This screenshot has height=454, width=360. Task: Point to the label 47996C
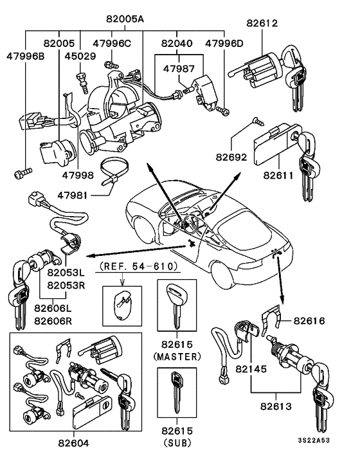111,43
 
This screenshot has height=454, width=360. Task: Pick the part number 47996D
224,43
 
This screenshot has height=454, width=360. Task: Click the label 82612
262,23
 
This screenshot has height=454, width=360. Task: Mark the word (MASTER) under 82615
177,356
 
